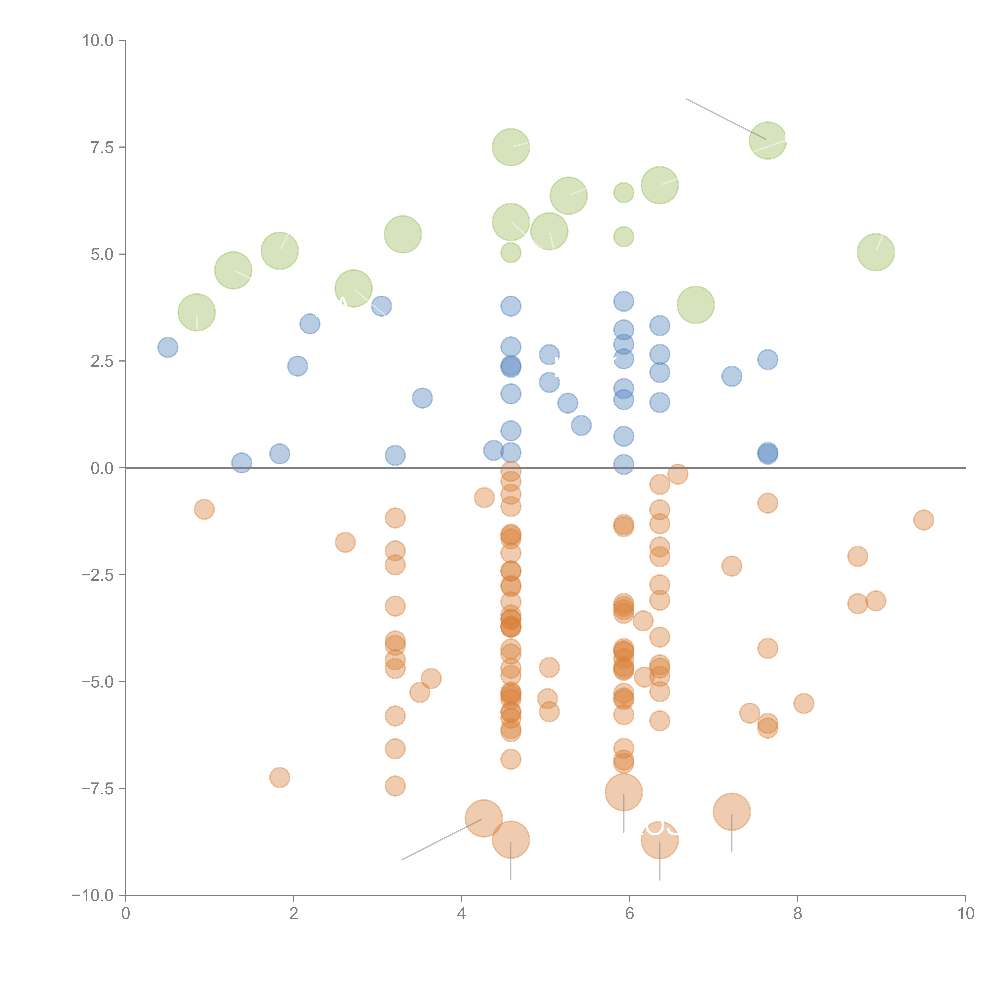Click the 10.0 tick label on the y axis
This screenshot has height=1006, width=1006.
point(97,41)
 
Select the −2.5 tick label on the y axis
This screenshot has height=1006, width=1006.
point(97,575)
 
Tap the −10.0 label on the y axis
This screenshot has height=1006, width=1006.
point(93,896)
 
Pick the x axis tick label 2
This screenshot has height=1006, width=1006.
point(294,914)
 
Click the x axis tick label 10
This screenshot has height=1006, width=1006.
point(965,914)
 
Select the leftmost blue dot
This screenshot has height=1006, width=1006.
point(168,347)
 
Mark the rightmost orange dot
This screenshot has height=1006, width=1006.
point(923,520)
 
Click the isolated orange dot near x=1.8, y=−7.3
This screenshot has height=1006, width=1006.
point(280,777)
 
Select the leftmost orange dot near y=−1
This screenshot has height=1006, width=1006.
point(204,509)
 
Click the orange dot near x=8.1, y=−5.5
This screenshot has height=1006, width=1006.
point(803,703)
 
